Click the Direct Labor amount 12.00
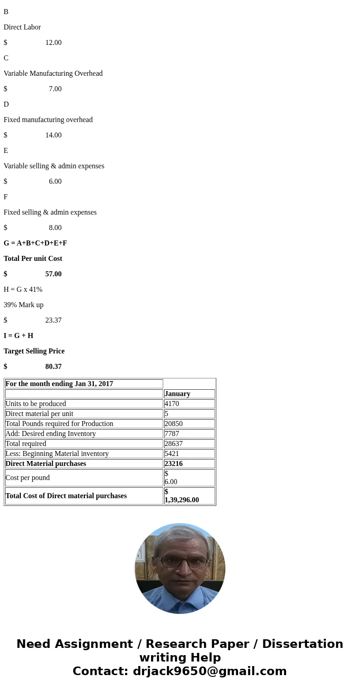53,43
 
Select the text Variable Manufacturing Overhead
53,74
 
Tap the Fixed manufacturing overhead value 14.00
53,135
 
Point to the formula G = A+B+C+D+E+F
35,243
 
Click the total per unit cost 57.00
53,274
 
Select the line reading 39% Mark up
24,305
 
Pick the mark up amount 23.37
53,320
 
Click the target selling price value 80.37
53,367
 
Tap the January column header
177,394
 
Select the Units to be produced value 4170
172,404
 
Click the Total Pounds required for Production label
59,424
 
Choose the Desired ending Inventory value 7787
172,434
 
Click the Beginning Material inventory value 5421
172,454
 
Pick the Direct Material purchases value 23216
174,464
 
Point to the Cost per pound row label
28,478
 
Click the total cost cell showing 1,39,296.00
182,500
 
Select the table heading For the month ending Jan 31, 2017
59,384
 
